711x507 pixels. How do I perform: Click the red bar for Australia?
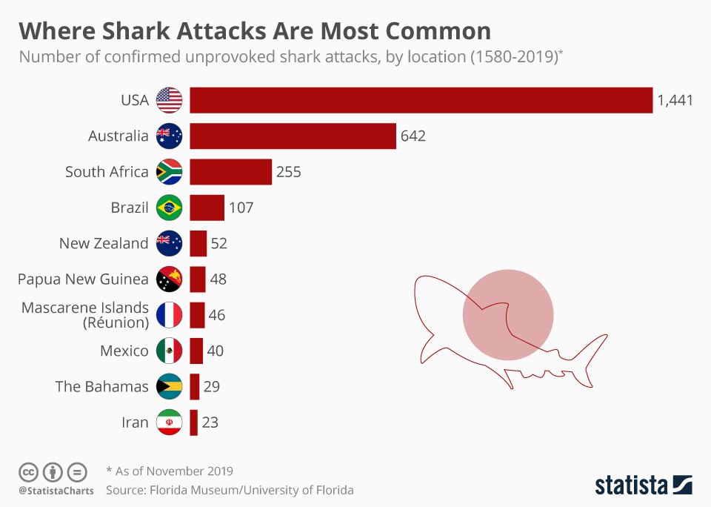pos(293,136)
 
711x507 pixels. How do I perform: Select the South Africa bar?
pos(230,172)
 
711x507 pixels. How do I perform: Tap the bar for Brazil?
pos(207,208)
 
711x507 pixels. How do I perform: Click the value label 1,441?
pos(675,101)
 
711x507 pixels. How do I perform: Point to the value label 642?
pos(413,136)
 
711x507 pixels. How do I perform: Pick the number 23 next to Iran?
pos(210,422)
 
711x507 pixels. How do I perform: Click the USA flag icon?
pos(169,100)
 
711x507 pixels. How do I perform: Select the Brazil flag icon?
pos(169,208)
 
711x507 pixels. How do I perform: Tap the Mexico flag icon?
pos(169,351)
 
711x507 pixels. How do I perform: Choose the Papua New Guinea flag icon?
pos(169,279)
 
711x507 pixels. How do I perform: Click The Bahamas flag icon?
pos(169,386)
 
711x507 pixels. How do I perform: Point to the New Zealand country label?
pos(104,243)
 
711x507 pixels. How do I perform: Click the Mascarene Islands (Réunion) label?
pos(85,315)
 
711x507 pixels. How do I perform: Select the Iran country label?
pos(135,422)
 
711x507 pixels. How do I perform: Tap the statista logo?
pos(643,486)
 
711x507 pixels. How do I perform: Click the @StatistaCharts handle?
pos(56,491)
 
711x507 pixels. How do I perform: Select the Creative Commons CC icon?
pos(28,471)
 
